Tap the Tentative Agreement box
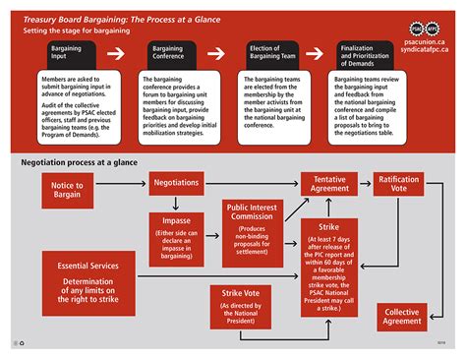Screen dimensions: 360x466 tap(329, 184)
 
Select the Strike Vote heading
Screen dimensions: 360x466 tap(241, 292)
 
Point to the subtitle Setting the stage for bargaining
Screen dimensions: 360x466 tap(77, 30)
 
